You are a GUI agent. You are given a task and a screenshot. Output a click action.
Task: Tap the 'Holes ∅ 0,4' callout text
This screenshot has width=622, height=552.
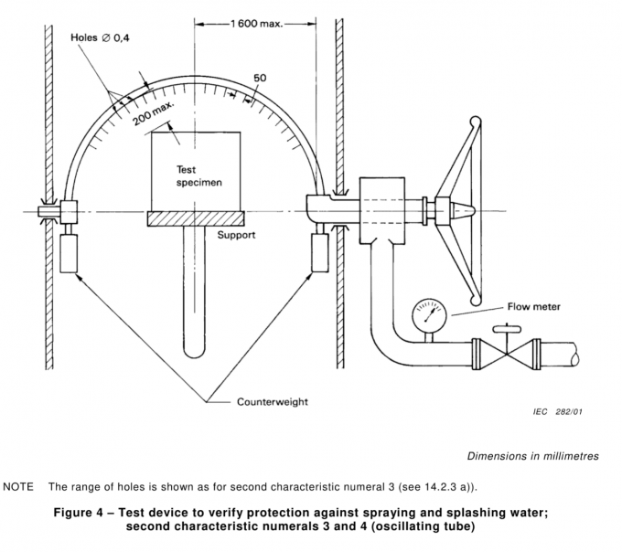[102, 37]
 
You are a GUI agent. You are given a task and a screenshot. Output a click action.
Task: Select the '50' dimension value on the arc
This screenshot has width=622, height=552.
[261, 79]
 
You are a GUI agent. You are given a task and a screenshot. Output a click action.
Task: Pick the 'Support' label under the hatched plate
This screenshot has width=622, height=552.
[236, 235]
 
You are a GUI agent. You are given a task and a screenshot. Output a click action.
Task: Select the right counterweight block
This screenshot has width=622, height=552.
[320, 250]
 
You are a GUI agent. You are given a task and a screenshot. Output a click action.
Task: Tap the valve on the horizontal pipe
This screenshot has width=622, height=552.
[505, 351]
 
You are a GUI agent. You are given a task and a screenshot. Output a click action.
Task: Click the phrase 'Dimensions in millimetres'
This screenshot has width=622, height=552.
[532, 455]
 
